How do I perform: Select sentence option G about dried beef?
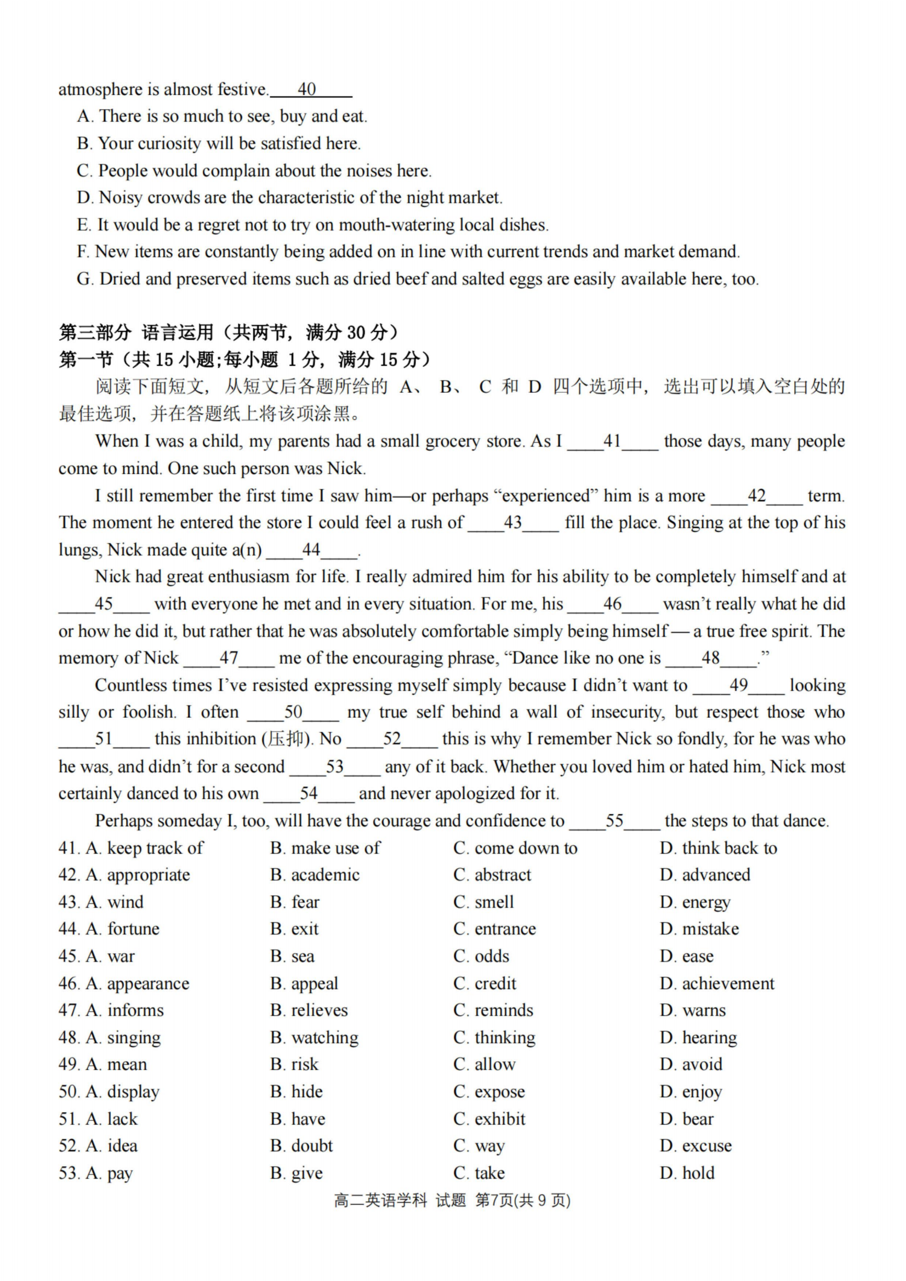pos(418,279)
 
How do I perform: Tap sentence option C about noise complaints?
pos(254,171)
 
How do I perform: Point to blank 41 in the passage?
pos(612,441)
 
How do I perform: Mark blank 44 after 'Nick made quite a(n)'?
pos(311,550)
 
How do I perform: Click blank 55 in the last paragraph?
pos(614,821)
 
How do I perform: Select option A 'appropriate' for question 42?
pos(138,876)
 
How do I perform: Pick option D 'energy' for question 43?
pos(695,903)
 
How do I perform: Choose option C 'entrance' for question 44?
pos(494,929)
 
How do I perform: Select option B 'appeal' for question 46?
pos(304,983)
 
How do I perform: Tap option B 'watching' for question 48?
pos(314,1038)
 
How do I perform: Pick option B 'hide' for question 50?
pos(297,1092)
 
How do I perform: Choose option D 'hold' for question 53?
pos(687,1173)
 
